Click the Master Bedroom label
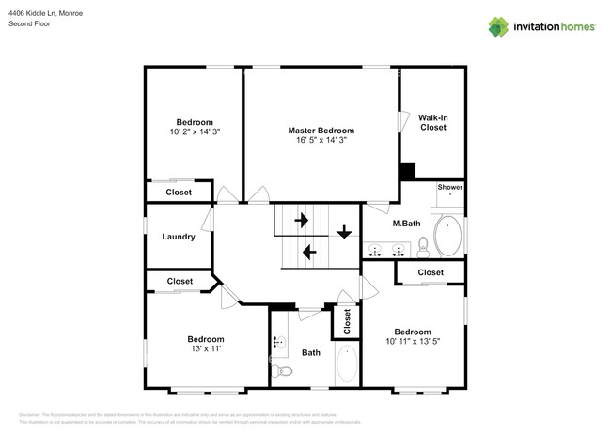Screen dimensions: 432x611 click(x=321, y=130)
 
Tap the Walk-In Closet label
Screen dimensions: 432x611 click(x=432, y=121)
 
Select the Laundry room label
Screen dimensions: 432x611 click(x=179, y=237)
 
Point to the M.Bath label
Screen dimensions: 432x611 click(x=405, y=223)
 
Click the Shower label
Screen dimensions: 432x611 click(x=449, y=187)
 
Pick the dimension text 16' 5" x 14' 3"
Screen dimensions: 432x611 click(x=321, y=140)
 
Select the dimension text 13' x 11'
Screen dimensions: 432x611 click(x=205, y=348)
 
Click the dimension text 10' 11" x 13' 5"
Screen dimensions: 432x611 click(x=412, y=341)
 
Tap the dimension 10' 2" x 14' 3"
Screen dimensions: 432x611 click(x=195, y=132)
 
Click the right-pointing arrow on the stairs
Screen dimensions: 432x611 click(x=303, y=221)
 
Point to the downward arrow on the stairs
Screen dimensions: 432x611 click(x=345, y=231)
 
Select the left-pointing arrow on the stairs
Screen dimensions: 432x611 click(x=307, y=251)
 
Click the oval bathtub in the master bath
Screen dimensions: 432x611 click(x=447, y=237)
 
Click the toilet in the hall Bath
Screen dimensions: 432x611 click(x=283, y=371)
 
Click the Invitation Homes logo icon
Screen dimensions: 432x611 click(x=498, y=26)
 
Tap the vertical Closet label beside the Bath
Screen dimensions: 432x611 click(x=347, y=322)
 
